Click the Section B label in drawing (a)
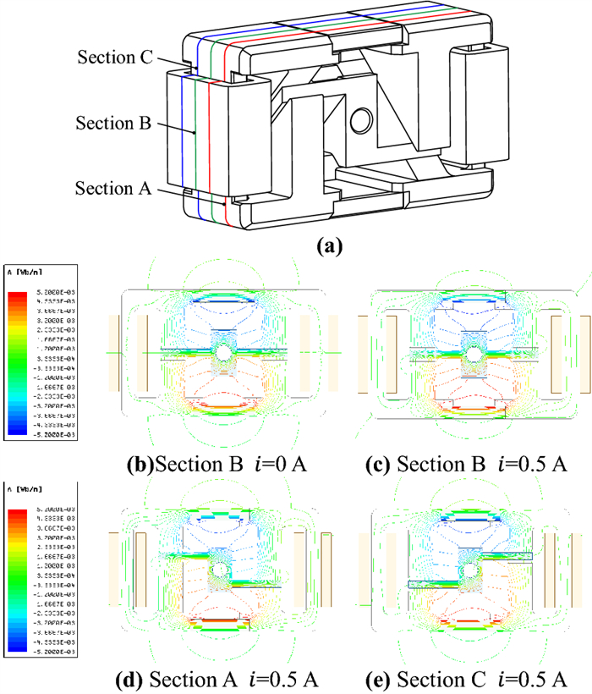click(113, 124)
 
